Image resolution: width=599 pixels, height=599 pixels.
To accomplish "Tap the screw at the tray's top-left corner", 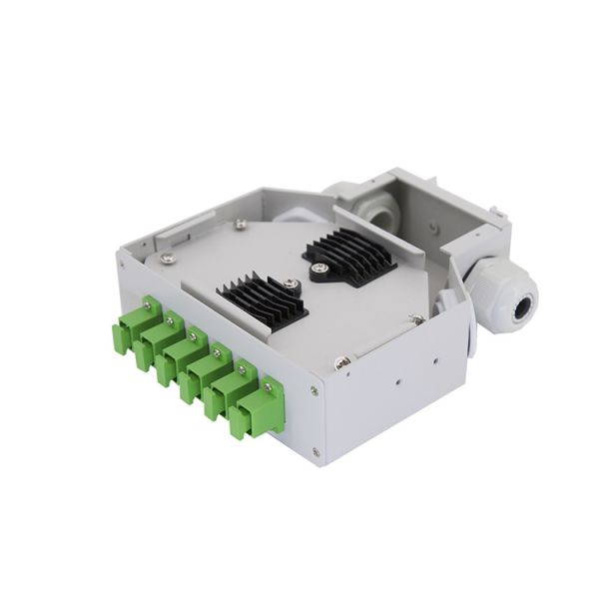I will (x=168, y=259).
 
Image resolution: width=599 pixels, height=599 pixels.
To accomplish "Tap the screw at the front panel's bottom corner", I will (x=316, y=452).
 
